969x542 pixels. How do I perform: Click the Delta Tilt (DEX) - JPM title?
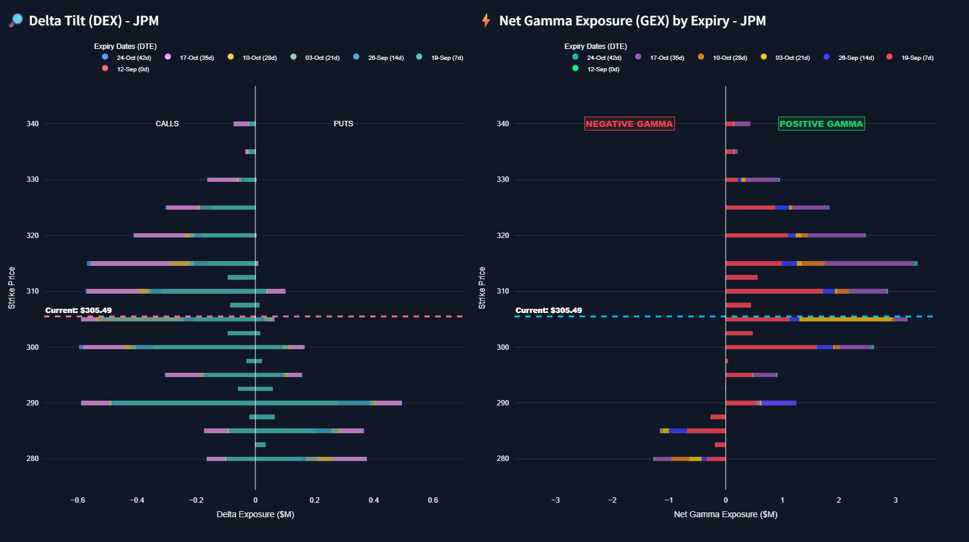(94, 21)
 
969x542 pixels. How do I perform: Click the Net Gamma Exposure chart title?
(632, 21)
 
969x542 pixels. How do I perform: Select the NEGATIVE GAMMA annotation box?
(629, 124)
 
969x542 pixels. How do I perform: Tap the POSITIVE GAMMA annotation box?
(821, 124)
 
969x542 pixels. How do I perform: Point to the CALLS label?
(167, 124)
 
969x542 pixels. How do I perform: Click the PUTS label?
(343, 124)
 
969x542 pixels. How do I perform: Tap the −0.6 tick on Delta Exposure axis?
(78, 500)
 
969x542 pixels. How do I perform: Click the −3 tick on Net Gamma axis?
(555, 500)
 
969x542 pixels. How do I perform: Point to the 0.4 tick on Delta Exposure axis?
(374, 500)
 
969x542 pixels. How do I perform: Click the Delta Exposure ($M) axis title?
(255, 514)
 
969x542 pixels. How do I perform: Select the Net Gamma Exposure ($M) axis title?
(726, 514)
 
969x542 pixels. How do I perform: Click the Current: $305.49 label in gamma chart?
(549, 311)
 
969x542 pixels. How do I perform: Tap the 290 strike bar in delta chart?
(241, 403)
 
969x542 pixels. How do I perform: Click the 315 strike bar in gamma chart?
(821, 263)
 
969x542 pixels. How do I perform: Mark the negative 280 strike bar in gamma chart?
(689, 459)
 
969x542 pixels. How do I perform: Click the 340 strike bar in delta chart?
(245, 124)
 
